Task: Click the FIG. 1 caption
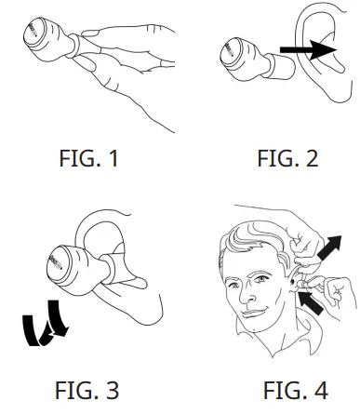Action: click(89, 158)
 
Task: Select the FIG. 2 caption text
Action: click(287, 158)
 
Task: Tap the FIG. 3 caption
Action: click(89, 388)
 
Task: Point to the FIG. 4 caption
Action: click(287, 388)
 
